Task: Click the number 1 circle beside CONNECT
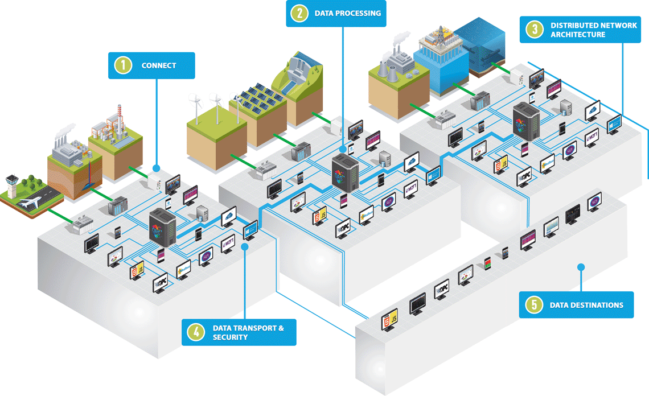[122, 65]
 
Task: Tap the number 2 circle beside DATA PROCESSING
[299, 13]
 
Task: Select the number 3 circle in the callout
[534, 30]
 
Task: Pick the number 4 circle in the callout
[195, 332]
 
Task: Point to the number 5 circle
[533, 305]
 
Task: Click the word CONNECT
[159, 65]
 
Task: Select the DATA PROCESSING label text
[347, 13]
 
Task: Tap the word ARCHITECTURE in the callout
[578, 35]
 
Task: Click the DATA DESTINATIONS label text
[586, 305]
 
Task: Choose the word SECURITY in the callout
[230, 337]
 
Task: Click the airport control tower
[14, 180]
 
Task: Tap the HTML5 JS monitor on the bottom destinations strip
[391, 320]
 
